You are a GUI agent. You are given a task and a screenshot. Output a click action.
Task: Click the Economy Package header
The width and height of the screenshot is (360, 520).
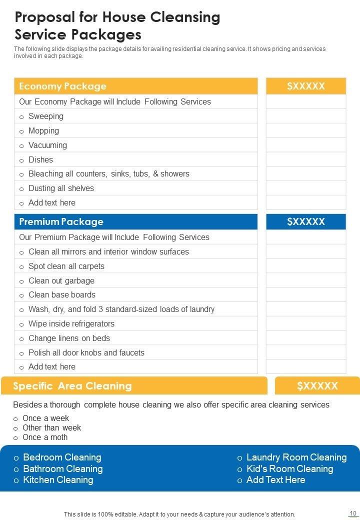pyautogui.click(x=62, y=86)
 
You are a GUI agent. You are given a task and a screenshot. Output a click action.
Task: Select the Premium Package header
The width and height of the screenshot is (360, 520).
pyautogui.click(x=61, y=221)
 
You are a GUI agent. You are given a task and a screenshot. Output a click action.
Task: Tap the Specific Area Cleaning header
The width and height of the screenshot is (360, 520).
pyautogui.click(x=72, y=385)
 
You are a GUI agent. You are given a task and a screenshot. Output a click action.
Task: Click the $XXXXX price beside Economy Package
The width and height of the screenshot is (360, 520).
pyautogui.click(x=306, y=86)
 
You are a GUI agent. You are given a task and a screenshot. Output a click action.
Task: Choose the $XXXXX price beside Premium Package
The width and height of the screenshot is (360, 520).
pyautogui.click(x=306, y=221)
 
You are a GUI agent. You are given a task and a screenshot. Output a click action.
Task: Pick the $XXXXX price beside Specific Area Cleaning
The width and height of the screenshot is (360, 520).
pyautogui.click(x=317, y=385)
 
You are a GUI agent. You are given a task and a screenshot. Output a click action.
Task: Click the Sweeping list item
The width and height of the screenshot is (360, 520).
pyautogui.click(x=46, y=116)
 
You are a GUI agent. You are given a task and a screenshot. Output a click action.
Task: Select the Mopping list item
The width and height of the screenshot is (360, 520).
pyautogui.click(x=43, y=130)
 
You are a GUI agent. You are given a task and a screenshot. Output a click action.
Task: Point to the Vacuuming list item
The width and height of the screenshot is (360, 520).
pyautogui.click(x=47, y=145)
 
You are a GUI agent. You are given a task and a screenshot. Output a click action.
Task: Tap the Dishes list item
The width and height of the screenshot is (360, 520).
pyautogui.click(x=40, y=159)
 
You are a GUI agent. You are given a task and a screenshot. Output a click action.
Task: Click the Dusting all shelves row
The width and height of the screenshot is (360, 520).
pyautogui.click(x=61, y=188)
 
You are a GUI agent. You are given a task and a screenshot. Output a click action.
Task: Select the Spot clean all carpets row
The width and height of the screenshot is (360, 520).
pyautogui.click(x=66, y=266)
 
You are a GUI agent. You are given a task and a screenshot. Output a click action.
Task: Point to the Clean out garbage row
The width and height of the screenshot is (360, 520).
pyautogui.click(x=61, y=280)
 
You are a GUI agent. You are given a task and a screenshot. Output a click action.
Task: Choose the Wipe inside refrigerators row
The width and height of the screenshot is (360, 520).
pyautogui.click(x=71, y=323)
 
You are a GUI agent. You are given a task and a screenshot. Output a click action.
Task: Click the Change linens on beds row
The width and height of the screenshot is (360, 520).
pyautogui.click(x=69, y=338)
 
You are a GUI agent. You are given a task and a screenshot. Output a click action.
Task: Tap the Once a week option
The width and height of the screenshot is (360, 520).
pyautogui.click(x=45, y=418)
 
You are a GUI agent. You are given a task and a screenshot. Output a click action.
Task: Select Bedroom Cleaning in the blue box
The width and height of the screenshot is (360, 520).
pyautogui.click(x=62, y=457)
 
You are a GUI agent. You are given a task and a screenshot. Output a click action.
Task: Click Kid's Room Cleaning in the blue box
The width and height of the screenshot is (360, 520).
pyautogui.click(x=289, y=468)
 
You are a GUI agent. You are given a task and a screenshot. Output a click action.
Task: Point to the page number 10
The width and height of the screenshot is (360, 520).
pyautogui.click(x=352, y=513)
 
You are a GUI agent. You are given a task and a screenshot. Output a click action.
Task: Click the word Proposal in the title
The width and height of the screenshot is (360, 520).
pyautogui.click(x=44, y=17)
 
